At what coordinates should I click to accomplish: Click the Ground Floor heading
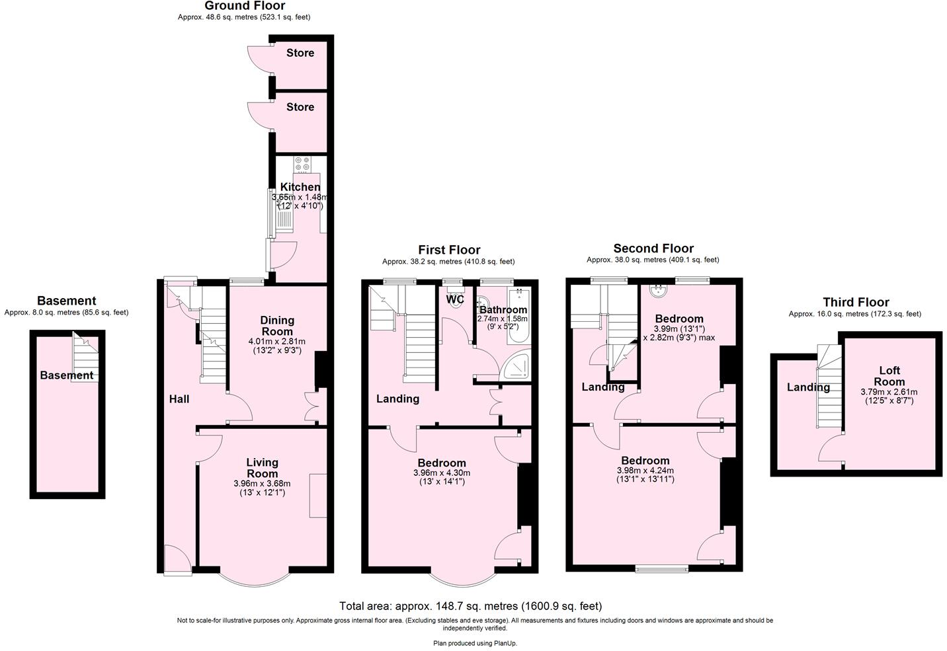point(245,6)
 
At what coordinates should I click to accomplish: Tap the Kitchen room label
point(300,187)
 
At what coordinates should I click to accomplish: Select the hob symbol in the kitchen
point(302,163)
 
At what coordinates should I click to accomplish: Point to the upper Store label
point(300,53)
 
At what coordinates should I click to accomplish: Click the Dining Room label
point(277,326)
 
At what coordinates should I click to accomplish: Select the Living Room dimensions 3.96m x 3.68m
point(262,484)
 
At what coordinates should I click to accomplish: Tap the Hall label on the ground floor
point(179,399)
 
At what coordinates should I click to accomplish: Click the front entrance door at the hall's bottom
point(177,559)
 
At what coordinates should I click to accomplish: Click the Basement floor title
point(66,301)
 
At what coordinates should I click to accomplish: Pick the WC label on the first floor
point(455,299)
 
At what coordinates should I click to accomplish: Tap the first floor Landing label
point(397,399)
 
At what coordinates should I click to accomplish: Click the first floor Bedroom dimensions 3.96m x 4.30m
point(442,473)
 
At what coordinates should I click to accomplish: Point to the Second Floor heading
point(653,249)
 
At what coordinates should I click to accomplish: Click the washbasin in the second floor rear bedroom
point(659,290)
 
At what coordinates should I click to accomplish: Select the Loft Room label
point(889,376)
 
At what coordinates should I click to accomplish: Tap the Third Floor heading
point(855,302)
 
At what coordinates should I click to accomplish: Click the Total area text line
point(470,606)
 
